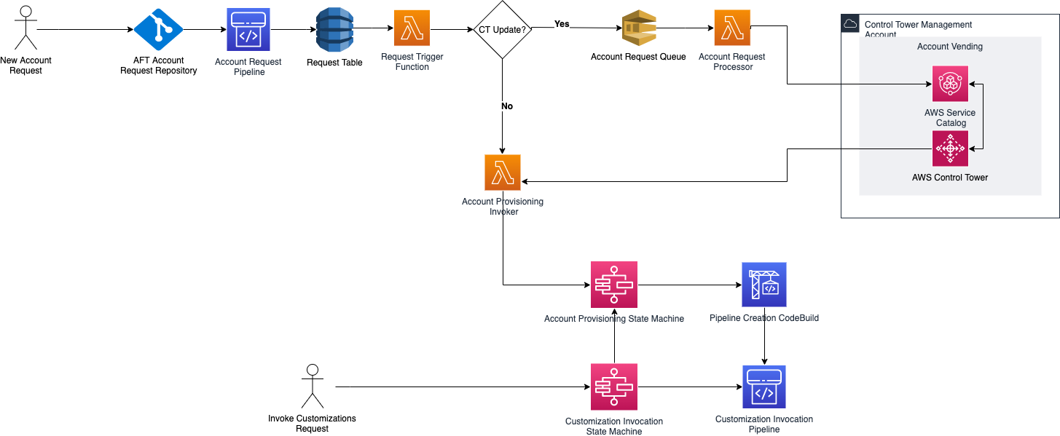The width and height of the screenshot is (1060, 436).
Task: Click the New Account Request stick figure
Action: (x=25, y=28)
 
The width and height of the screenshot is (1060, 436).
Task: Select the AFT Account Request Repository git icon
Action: (x=158, y=30)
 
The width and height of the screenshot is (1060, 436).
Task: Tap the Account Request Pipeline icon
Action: (x=249, y=30)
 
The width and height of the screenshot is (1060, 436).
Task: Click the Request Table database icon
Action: (x=334, y=30)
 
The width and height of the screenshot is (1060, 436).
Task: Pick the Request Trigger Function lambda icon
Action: (x=412, y=28)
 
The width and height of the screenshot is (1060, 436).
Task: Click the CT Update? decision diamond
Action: (x=502, y=30)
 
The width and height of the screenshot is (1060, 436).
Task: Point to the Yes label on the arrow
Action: (x=562, y=24)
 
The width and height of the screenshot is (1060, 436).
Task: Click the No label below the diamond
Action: (x=507, y=106)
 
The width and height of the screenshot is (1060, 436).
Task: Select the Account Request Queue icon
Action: (x=639, y=29)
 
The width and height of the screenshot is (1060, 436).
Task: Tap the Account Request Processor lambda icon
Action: (x=732, y=28)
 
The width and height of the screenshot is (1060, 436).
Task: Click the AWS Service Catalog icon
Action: (x=950, y=84)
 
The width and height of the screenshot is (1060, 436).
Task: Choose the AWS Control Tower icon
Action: (x=950, y=148)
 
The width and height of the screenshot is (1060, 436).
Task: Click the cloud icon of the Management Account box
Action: (x=849, y=23)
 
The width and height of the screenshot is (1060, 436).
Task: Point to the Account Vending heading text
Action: (x=949, y=47)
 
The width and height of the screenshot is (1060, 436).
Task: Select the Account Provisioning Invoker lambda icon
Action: (x=502, y=173)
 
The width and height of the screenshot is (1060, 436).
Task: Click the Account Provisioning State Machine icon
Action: (x=613, y=284)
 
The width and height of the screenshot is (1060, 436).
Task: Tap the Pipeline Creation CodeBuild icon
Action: (x=763, y=285)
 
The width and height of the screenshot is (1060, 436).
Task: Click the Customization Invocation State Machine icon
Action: (x=613, y=387)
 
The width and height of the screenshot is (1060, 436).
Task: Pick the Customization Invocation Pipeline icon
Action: (x=763, y=387)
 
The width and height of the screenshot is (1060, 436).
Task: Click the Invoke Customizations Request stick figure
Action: (x=313, y=386)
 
